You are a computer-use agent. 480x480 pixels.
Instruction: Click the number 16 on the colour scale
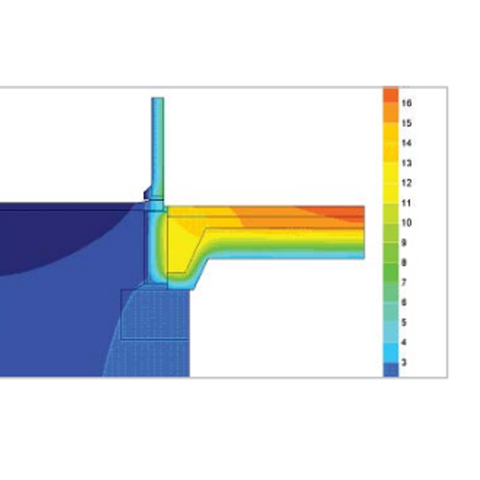pos(406,103)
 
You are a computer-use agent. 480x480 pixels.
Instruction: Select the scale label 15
pos(406,123)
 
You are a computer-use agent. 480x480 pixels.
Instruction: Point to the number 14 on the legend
pos(406,143)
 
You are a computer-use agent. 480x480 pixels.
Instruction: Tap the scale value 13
pos(406,163)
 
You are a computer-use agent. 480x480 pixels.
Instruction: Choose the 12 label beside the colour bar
pos(406,183)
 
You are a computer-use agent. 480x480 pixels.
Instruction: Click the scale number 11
pos(406,203)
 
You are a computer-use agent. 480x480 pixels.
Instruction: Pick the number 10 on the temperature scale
pos(406,223)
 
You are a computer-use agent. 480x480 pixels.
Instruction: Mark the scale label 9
pos(404,243)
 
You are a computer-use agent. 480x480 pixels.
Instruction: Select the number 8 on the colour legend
pos(404,262)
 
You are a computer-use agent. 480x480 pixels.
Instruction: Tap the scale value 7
pos(404,283)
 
